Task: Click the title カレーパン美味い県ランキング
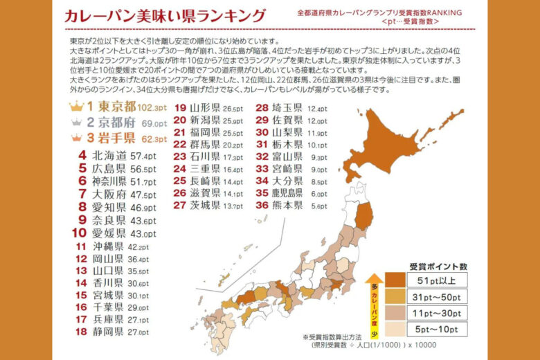click(x=165, y=17)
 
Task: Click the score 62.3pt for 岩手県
click(x=154, y=139)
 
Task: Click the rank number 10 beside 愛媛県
click(x=80, y=233)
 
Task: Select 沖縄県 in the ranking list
click(x=109, y=246)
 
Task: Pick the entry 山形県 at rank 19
click(x=206, y=108)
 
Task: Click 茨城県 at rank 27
click(x=206, y=206)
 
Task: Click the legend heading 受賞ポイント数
click(x=438, y=266)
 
